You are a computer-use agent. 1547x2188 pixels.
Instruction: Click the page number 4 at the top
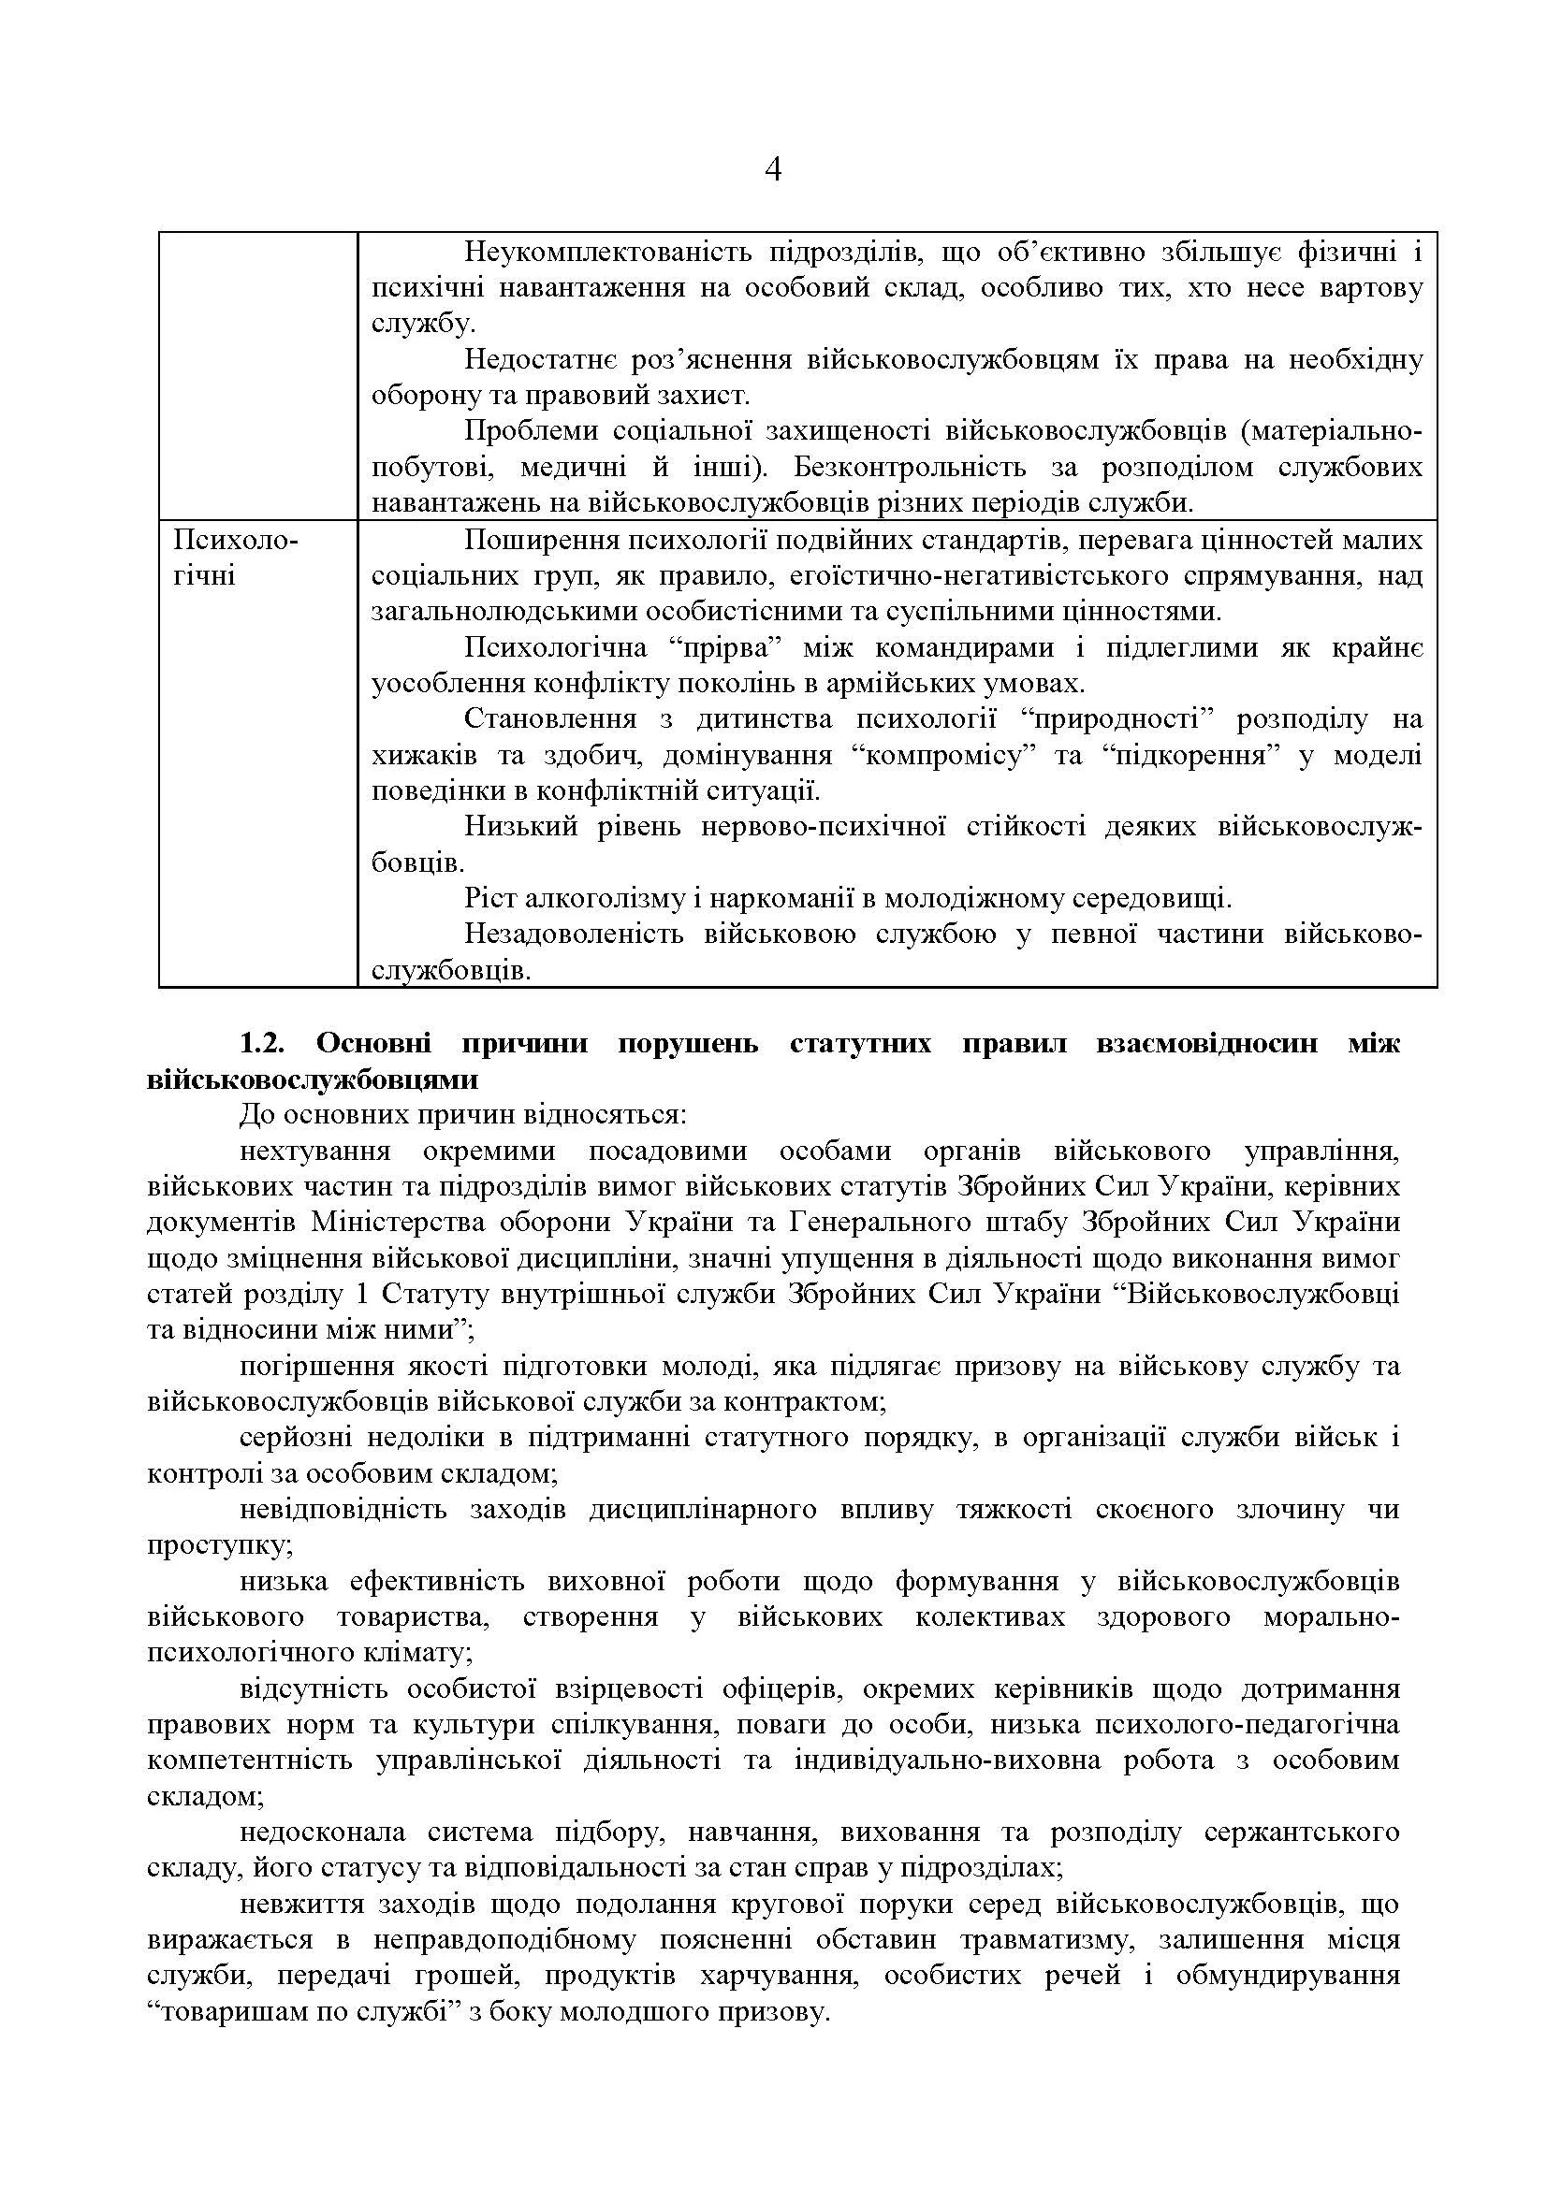click(x=773, y=169)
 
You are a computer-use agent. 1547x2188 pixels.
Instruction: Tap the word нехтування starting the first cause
click(x=315, y=1152)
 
